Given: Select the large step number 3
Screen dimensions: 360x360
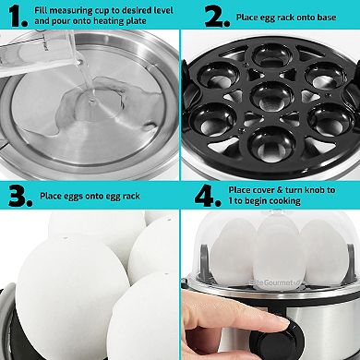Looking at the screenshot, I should (17, 196).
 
